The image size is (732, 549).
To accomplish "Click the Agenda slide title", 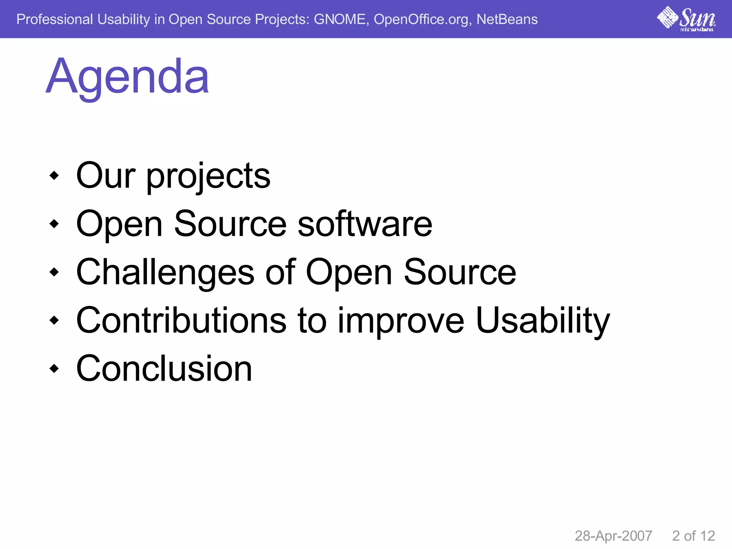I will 127,77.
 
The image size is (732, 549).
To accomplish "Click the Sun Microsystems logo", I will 686,19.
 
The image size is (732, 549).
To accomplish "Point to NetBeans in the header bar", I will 507,19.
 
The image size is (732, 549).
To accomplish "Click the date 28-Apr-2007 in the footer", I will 613,536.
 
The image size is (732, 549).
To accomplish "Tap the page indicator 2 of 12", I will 693,536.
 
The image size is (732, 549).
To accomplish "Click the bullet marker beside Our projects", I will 54,175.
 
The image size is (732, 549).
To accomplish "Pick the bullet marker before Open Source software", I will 54,224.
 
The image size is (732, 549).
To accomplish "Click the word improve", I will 401,321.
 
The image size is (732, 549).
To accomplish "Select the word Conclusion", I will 164,369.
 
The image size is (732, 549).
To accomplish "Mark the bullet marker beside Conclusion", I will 54,369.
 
